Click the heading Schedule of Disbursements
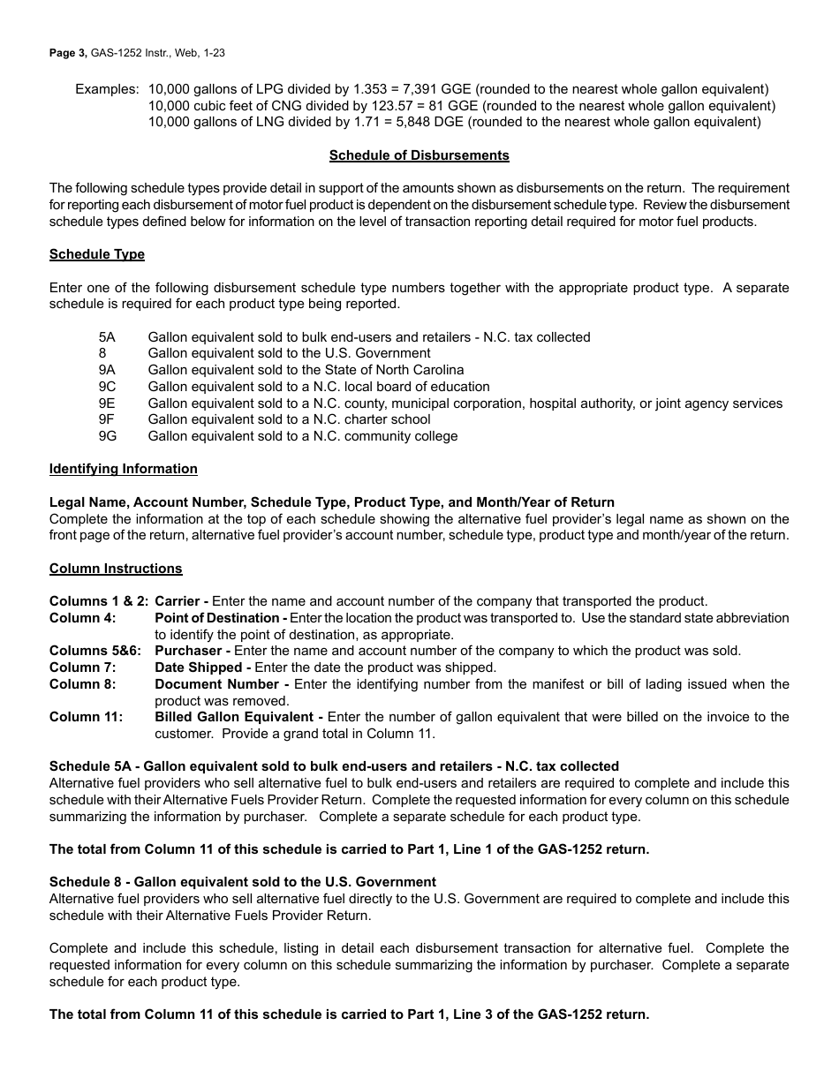pyautogui.click(x=419, y=155)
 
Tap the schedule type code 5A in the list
pyautogui.click(x=107, y=337)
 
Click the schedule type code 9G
pyautogui.click(x=108, y=436)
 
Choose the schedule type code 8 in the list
pyautogui.click(x=102, y=353)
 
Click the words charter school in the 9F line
pyautogui.click(x=385, y=419)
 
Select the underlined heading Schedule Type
pyautogui.click(x=97, y=254)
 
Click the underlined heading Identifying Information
pyautogui.click(x=124, y=469)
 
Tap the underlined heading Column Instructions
pyautogui.click(x=116, y=569)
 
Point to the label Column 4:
pyautogui.click(x=82, y=618)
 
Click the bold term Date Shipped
pyautogui.click(x=198, y=667)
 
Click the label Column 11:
pyautogui.click(x=86, y=717)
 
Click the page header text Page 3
pyautogui.click(x=68, y=53)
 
